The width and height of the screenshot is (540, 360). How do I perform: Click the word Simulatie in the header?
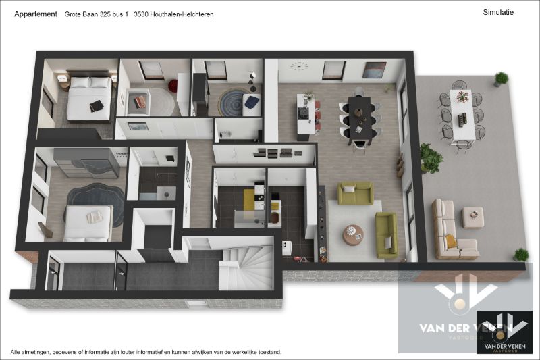coord(499,12)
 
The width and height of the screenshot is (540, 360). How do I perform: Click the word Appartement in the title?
coord(35,14)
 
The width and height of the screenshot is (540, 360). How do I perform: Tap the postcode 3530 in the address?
coord(142,14)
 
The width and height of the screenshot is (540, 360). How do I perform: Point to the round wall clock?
coord(298,66)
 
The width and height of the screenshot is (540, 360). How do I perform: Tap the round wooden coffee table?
coord(353,234)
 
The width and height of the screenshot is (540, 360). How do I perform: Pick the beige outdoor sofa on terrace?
coord(446,230)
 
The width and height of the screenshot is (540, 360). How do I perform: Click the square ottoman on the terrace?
coord(473,217)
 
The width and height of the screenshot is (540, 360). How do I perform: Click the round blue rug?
coord(233,101)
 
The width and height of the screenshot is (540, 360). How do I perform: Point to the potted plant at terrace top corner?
coord(501,79)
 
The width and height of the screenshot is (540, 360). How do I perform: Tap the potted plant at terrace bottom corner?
coord(520,255)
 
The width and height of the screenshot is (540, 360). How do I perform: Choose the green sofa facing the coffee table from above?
coord(355,194)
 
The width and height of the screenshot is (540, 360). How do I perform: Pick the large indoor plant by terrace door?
coord(431,158)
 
